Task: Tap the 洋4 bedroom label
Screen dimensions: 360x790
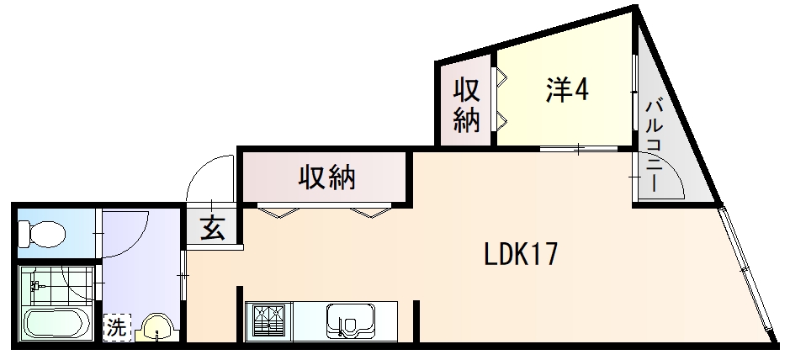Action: pos(566,90)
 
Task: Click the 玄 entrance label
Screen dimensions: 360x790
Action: pos(212,229)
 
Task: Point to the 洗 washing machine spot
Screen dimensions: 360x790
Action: pos(117,327)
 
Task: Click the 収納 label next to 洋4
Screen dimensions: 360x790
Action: pos(467,104)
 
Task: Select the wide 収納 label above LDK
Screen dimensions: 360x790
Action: pos(326,177)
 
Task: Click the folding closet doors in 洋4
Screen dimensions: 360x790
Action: pos(500,101)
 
